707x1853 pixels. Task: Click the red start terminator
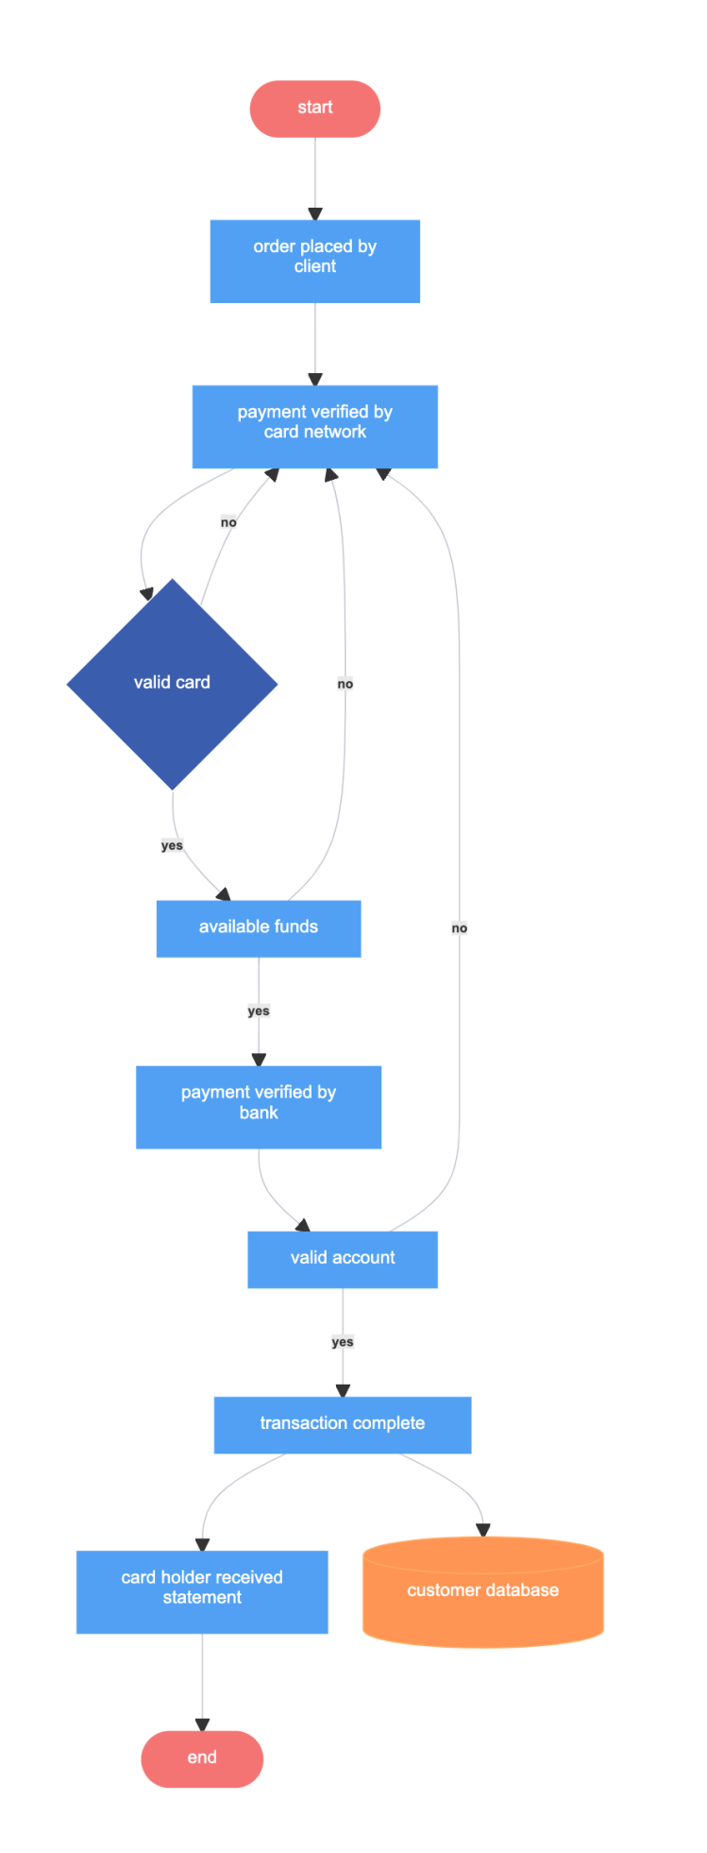(x=314, y=109)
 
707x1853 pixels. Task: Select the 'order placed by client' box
(x=314, y=261)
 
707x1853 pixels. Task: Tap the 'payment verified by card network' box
(x=314, y=426)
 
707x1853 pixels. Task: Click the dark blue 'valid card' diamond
(x=172, y=683)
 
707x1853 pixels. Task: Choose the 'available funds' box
(x=258, y=927)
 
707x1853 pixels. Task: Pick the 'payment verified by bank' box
(x=258, y=1106)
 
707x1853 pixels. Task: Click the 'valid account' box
(x=342, y=1258)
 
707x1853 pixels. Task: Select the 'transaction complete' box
(x=342, y=1423)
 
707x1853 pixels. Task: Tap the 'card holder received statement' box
(x=201, y=1590)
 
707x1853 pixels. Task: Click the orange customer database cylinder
(x=482, y=1591)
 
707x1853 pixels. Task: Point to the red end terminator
(x=201, y=1758)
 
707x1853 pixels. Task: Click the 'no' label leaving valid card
(x=228, y=522)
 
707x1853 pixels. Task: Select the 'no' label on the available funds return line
(x=345, y=684)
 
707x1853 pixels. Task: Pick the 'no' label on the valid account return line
(x=460, y=928)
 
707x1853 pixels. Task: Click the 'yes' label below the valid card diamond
(x=172, y=845)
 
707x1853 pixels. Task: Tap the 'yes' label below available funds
(x=258, y=1011)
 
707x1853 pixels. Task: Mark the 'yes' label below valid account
(x=342, y=1342)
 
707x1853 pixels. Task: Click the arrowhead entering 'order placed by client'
(x=314, y=214)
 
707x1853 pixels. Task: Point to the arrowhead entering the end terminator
(x=201, y=1725)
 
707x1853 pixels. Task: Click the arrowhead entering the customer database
(x=482, y=1530)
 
